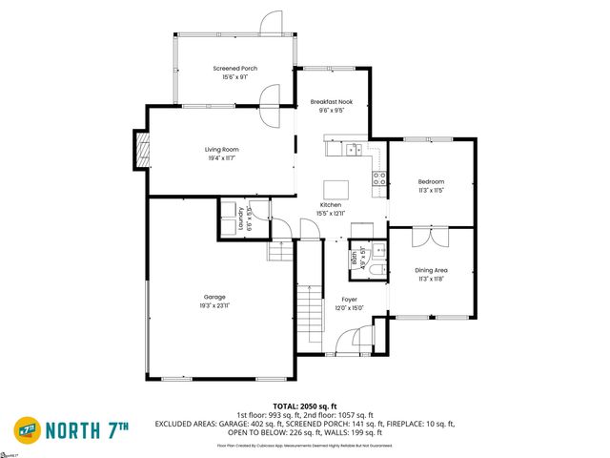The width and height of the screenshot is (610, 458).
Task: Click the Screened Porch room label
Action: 234,69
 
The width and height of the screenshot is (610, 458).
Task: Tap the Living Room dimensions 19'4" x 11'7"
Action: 221,158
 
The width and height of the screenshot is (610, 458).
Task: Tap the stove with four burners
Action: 378,177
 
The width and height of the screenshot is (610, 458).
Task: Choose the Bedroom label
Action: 431,181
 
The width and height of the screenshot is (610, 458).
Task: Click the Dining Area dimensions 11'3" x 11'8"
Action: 431,279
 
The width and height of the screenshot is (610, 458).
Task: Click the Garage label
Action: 213,297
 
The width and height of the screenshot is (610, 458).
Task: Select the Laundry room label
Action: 226,219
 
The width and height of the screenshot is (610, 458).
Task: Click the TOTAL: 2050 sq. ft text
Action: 304,406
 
